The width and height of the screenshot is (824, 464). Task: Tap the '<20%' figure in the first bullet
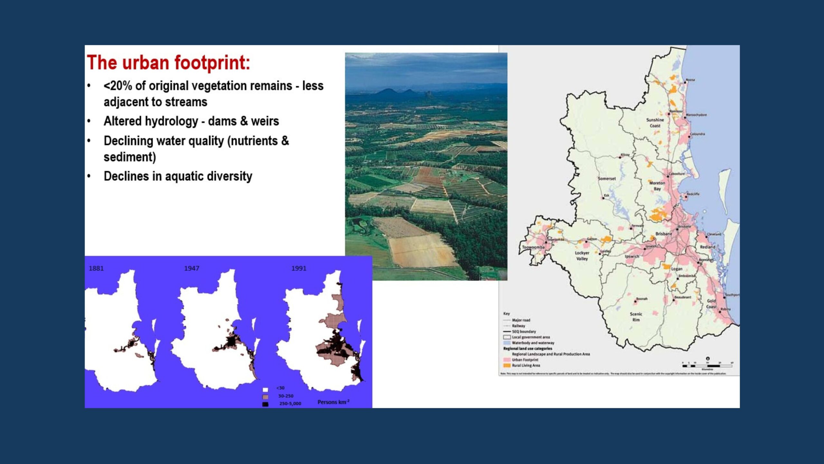118,86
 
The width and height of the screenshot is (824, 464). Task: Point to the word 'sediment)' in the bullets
130,157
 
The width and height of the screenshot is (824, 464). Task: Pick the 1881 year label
96,268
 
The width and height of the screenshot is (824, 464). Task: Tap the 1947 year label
192,268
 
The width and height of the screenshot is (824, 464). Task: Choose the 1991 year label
299,268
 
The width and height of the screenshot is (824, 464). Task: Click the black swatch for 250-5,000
265,404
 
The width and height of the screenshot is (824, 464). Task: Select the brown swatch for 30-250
265,397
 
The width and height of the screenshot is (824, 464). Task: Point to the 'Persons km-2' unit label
333,402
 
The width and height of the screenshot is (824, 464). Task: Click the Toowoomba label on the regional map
533,247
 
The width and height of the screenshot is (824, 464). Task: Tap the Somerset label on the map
607,179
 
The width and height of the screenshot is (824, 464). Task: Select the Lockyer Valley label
582,256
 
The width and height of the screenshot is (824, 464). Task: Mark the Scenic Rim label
636,317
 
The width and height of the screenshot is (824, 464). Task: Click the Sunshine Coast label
655,123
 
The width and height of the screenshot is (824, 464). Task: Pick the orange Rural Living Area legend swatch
507,365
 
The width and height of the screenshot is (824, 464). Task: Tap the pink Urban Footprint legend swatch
507,360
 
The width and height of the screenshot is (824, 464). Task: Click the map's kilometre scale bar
707,366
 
